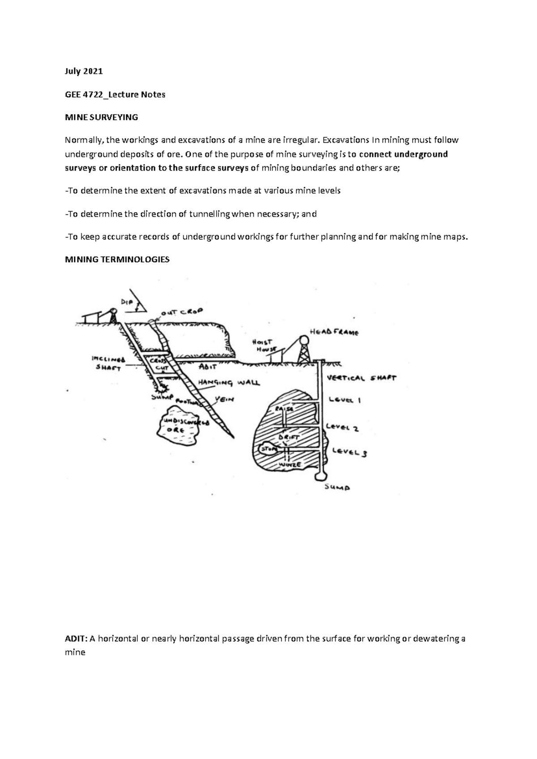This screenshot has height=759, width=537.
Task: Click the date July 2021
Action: pos(84,71)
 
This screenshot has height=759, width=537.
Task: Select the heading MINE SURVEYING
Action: pos(101,117)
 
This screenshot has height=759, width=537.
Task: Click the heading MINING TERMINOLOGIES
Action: pos(117,260)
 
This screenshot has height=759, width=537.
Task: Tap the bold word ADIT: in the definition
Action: pos(76,639)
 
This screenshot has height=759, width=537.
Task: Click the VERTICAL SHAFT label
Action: pos(362,378)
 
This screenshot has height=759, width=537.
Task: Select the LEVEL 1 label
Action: pos(345,400)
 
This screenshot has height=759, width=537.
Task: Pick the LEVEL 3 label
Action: pos(349,452)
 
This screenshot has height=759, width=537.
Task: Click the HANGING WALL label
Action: pos(229,383)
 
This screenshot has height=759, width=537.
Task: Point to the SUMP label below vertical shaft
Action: pos(337,487)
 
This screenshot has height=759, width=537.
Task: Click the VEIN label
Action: pos(224,399)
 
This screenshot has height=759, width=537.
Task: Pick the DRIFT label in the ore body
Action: pos(289,436)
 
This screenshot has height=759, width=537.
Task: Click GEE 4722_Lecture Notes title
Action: pos(115,94)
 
